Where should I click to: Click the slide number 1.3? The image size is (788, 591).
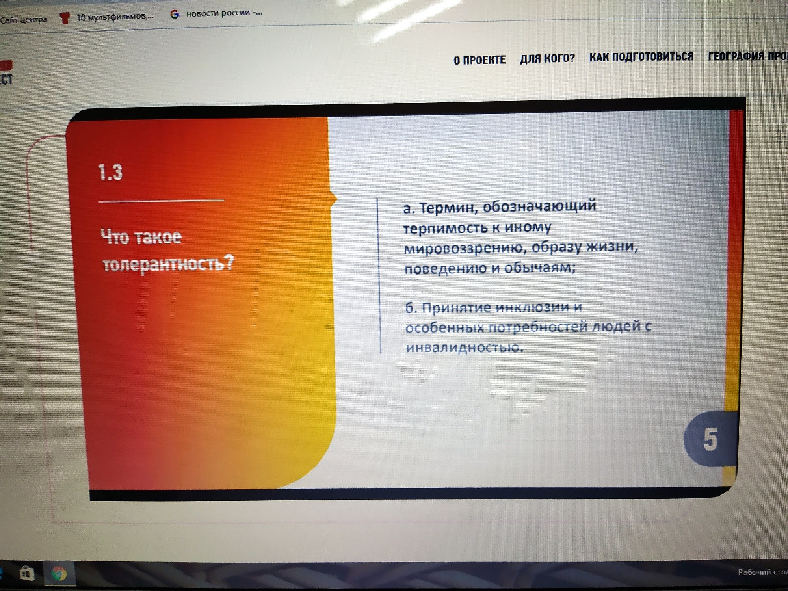[x=110, y=172]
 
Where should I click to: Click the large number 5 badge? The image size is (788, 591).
[x=710, y=439]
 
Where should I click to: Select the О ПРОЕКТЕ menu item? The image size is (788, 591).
[x=479, y=60]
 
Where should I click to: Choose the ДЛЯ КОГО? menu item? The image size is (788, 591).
[x=547, y=58]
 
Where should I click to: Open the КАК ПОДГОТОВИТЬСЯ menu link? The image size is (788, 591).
[x=641, y=57]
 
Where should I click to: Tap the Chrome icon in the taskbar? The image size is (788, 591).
[x=59, y=573]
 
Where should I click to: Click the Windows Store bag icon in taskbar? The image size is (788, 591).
[x=27, y=573]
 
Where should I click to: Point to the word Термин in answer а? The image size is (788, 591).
[x=448, y=207]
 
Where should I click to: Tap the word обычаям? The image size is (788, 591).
[x=540, y=268]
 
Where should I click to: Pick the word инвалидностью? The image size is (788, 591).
[x=465, y=347]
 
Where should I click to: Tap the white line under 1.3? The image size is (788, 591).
[x=161, y=201]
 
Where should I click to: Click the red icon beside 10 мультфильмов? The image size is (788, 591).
[x=64, y=18]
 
